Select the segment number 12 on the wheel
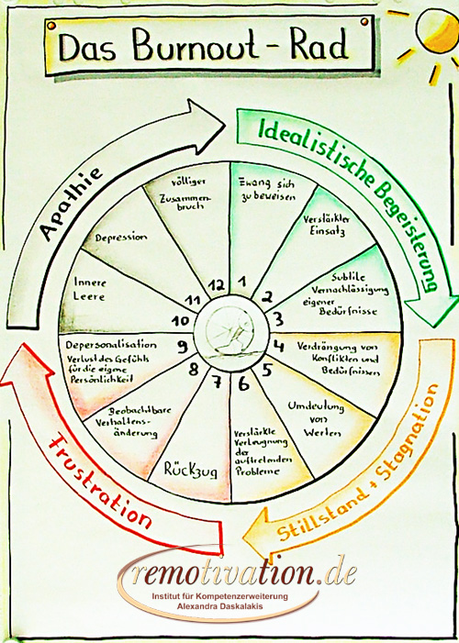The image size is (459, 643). click(x=217, y=284)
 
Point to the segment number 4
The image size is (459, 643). click(x=279, y=346)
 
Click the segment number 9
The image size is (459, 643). click(x=183, y=347)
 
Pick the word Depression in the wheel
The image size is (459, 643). click(x=121, y=238)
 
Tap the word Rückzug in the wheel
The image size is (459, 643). click(x=191, y=470)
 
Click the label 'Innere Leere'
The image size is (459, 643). click(x=89, y=289)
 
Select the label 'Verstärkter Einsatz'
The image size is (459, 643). click(x=327, y=225)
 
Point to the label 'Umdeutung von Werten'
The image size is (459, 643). click(x=316, y=419)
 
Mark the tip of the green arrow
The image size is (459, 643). click(x=431, y=326)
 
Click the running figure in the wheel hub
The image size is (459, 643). click(x=231, y=333)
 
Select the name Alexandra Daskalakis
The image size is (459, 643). click(x=219, y=606)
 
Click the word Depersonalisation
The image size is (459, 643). click(x=111, y=345)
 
